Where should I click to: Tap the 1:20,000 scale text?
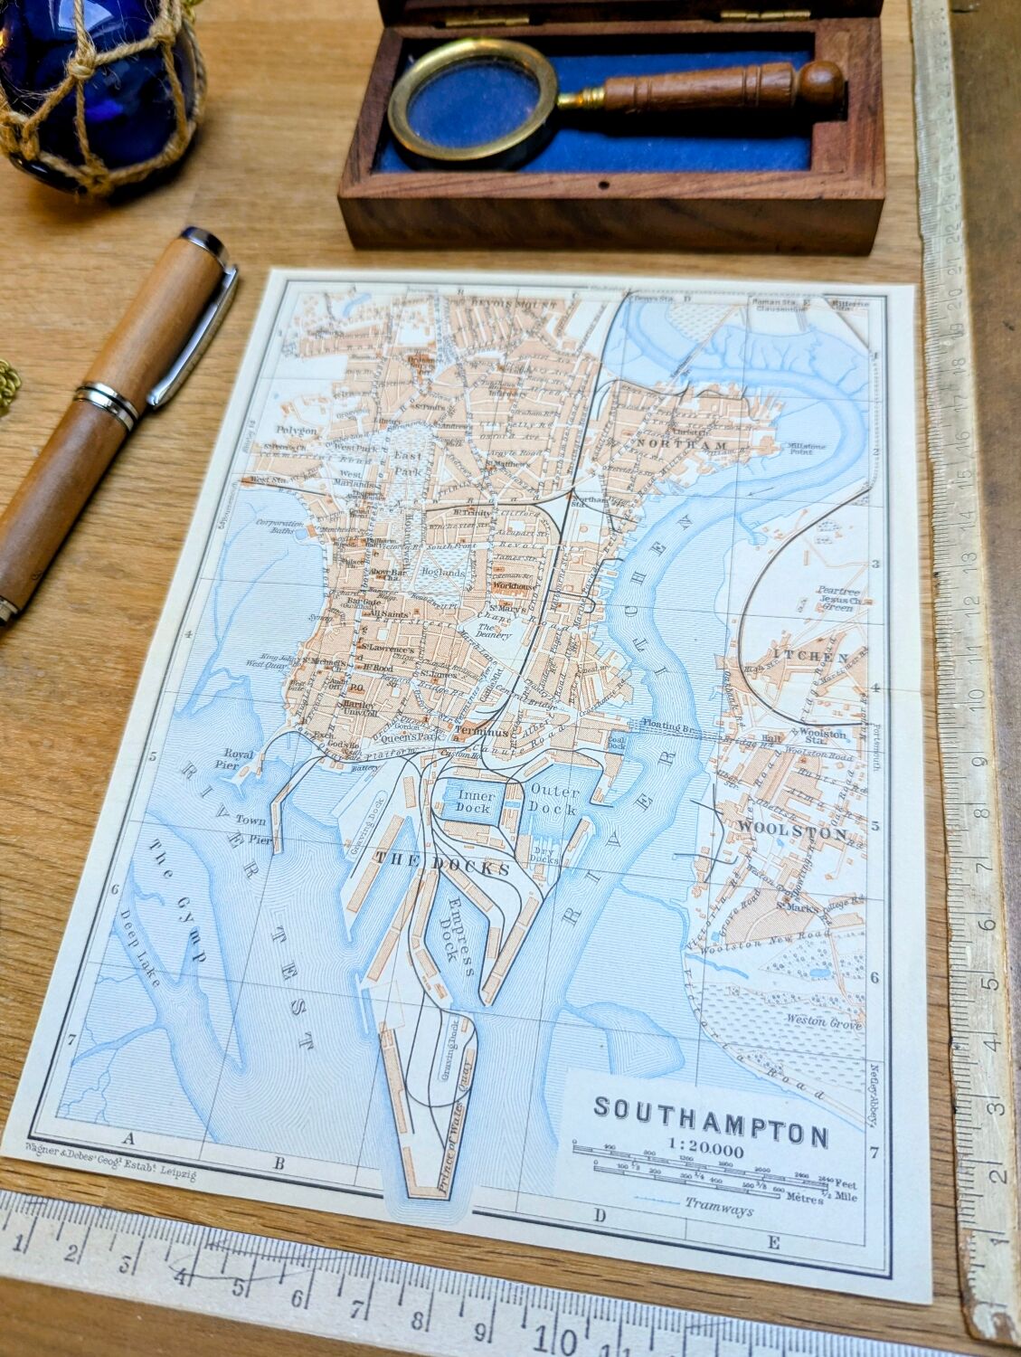tap(705, 1150)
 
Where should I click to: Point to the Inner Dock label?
tap(476, 801)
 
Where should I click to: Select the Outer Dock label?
tap(553, 800)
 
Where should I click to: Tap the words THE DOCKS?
tap(442, 863)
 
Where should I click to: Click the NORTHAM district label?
tap(681, 444)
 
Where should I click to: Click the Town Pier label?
tap(253, 828)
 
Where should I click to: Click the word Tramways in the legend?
tap(719, 1206)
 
